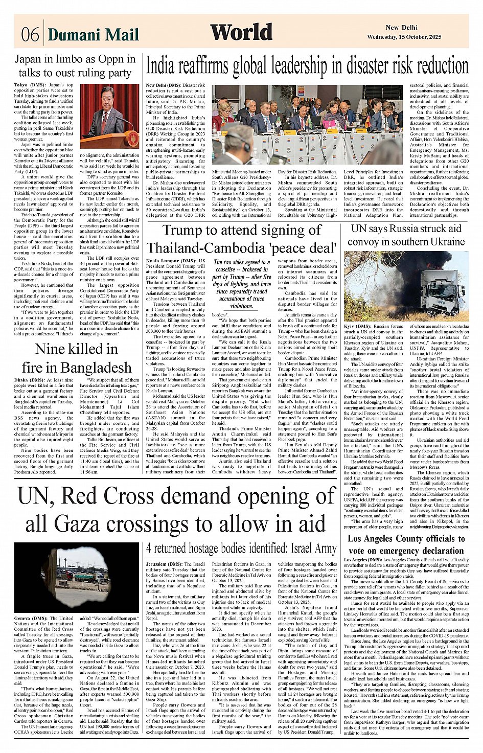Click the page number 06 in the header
pos(30,35)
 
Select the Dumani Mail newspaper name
pos(93,35)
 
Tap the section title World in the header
pos(241,32)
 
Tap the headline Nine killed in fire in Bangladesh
pos(76,358)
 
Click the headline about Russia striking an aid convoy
pos(406,235)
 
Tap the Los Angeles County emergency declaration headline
pos(406,544)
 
